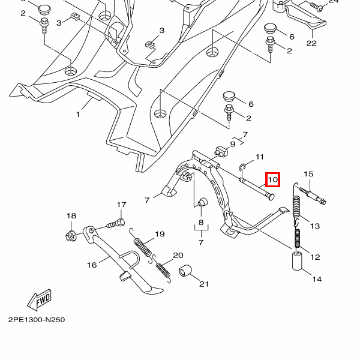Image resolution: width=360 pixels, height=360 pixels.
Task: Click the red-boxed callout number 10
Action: coord(273,179)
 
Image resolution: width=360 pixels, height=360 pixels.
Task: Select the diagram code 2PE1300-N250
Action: coord(37,320)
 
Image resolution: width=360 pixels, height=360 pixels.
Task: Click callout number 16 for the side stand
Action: coord(92,265)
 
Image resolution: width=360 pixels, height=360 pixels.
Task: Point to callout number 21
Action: coord(203,284)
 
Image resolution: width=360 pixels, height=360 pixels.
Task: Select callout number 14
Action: coord(316,279)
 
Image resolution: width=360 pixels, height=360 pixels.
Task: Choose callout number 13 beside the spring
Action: coord(314,226)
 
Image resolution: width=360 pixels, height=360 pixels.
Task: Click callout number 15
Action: coord(308,175)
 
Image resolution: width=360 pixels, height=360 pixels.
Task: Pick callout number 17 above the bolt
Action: coord(121,205)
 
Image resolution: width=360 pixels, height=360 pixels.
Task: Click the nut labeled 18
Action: coord(70,233)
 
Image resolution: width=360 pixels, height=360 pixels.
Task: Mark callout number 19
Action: coord(160,234)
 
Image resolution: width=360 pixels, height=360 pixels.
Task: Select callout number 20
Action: coord(178,255)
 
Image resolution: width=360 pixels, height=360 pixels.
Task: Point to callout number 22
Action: coord(311,43)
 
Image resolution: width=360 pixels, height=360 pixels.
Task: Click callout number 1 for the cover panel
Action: coord(78,113)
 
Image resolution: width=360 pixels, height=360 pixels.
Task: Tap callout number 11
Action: coord(259,157)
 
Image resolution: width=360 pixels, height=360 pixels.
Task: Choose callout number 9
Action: coord(232,144)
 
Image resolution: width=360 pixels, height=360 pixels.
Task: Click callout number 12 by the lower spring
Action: coord(314,257)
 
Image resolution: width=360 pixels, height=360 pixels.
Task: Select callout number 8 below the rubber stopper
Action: coord(200,223)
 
